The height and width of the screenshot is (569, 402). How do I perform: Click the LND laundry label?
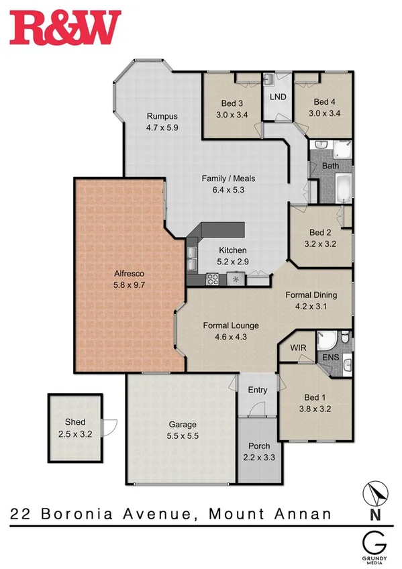(x=277, y=97)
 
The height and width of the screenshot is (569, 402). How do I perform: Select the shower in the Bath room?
(x=342, y=149)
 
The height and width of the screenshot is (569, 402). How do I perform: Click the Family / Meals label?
(x=228, y=178)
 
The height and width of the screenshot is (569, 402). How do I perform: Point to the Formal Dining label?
(x=311, y=295)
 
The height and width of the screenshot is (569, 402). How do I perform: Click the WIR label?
(x=299, y=348)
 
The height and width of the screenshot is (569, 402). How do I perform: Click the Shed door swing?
(x=109, y=427)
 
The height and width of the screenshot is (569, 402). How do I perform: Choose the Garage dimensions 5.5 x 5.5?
(x=182, y=435)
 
